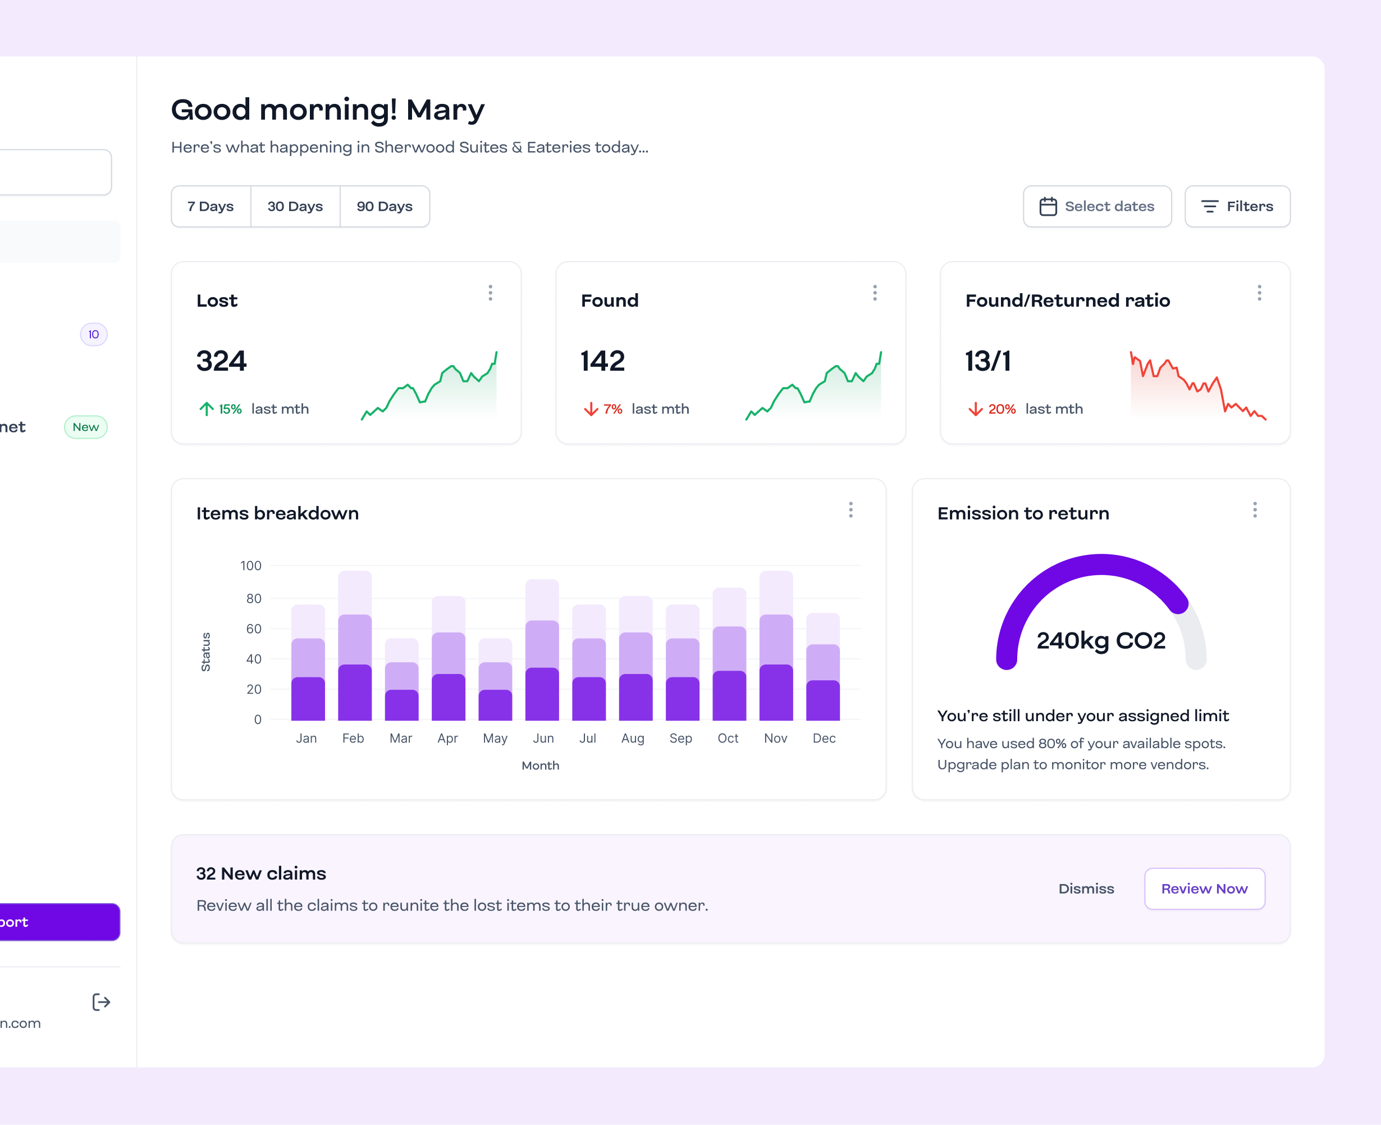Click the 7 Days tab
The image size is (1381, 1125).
(x=211, y=206)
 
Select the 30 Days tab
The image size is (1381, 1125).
(x=295, y=206)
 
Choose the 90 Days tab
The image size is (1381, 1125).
(x=384, y=206)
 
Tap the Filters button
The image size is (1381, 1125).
(x=1237, y=206)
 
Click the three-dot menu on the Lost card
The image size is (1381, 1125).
(x=490, y=293)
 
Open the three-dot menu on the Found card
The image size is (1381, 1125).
(x=875, y=293)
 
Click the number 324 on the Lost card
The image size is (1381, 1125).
(x=222, y=361)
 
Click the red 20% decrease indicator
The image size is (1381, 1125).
(x=993, y=409)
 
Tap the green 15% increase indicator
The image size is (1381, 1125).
(x=221, y=409)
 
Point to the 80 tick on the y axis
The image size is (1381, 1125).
(x=253, y=598)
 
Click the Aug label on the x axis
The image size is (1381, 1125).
(x=632, y=738)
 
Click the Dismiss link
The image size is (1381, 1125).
(x=1086, y=889)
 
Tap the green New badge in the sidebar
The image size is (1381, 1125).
(x=85, y=427)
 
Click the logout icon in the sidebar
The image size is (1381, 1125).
(x=101, y=1002)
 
